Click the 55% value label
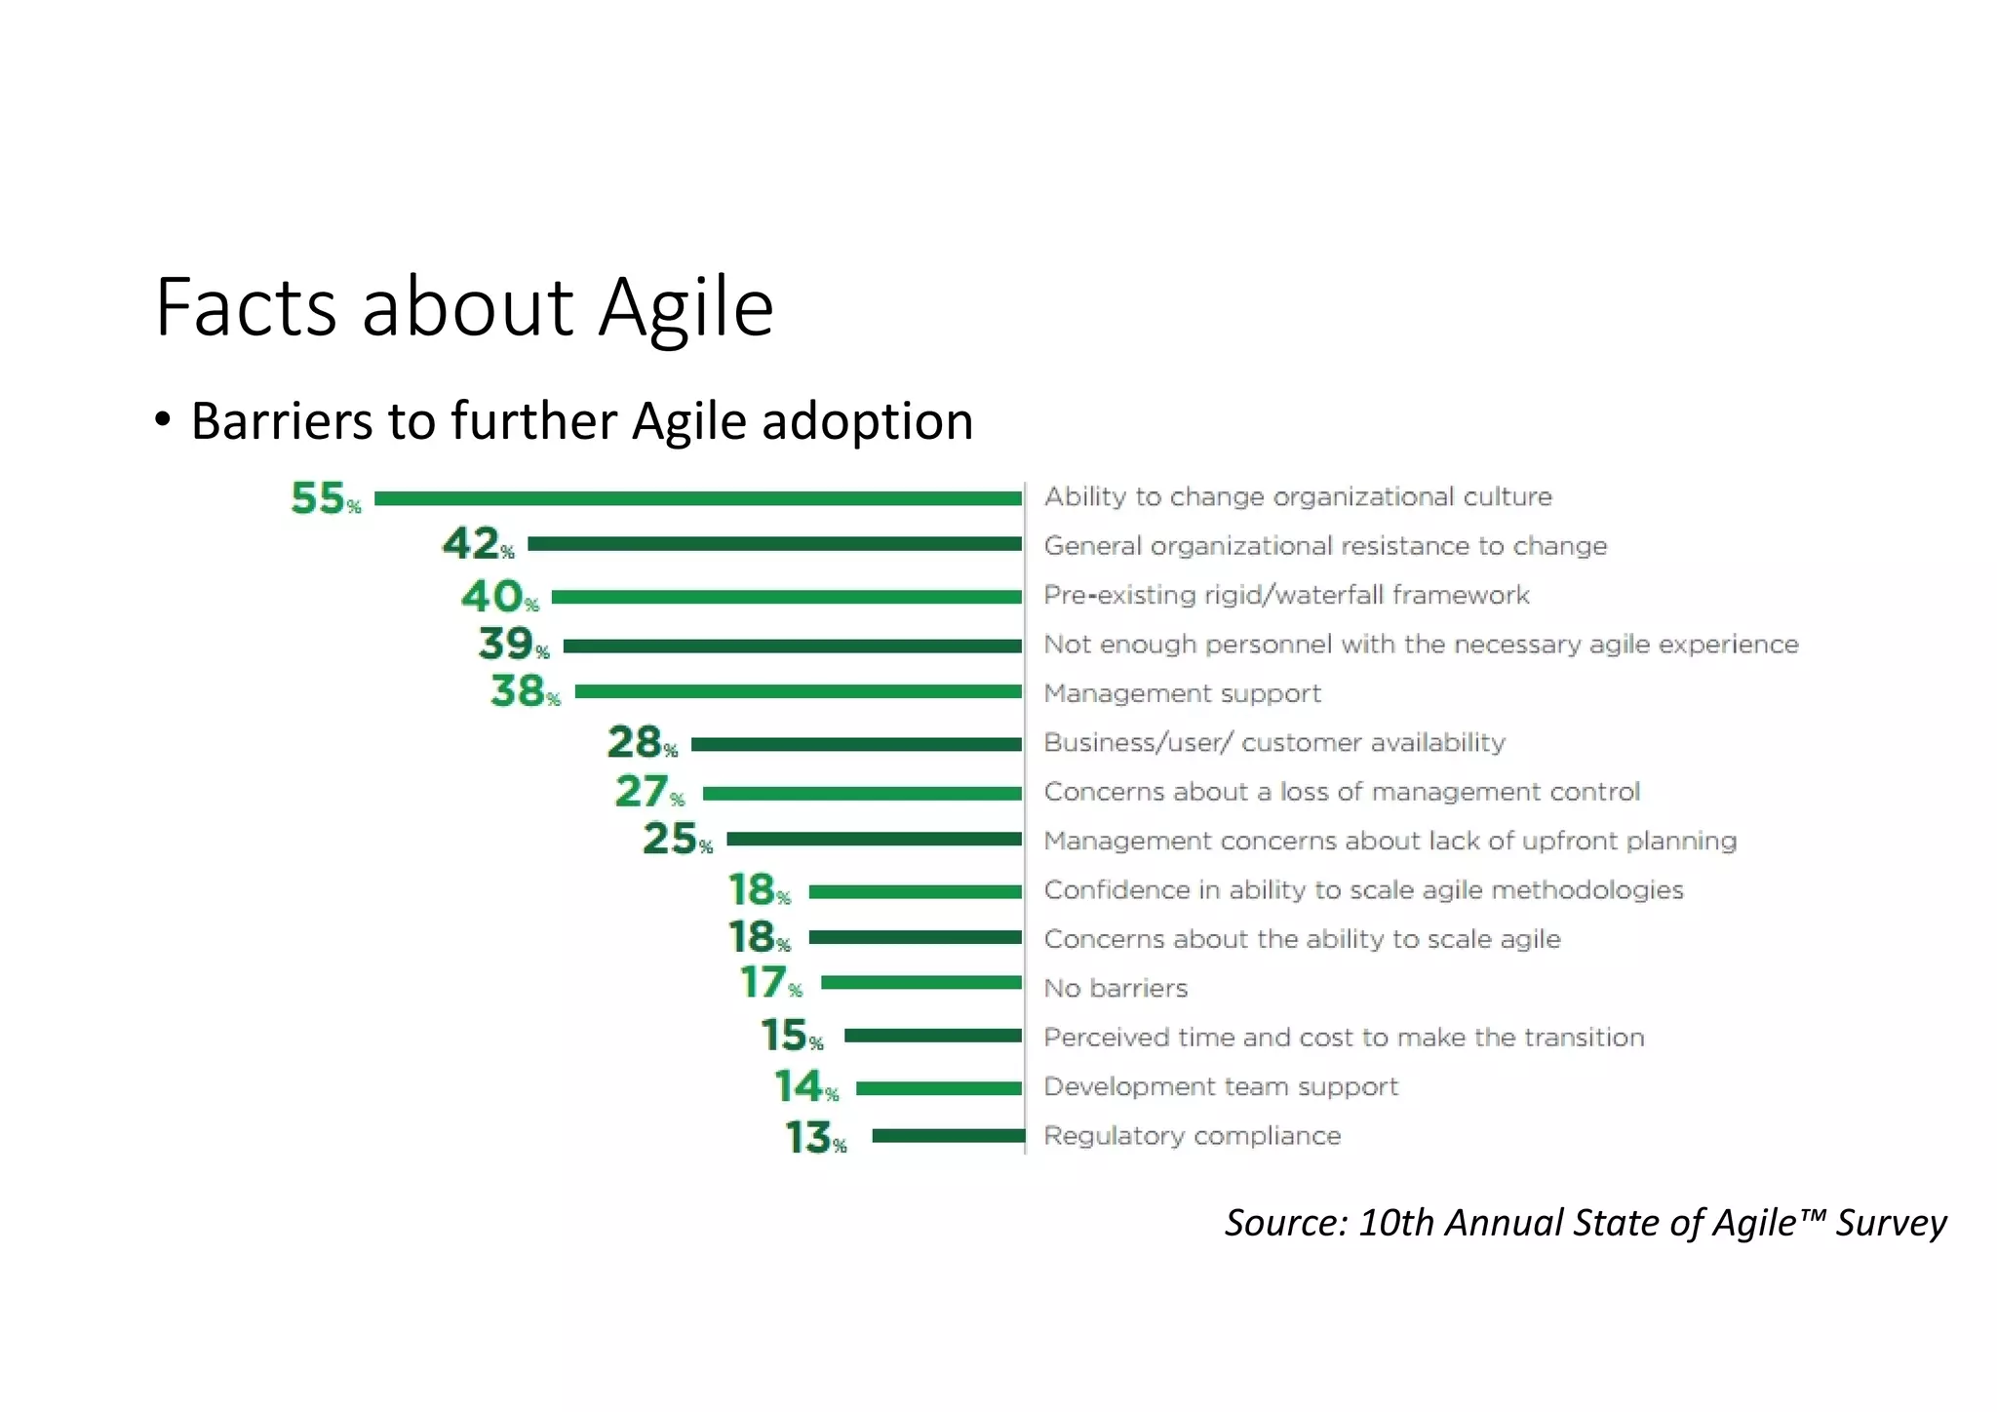point(325,498)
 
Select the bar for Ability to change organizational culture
point(698,498)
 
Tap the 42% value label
point(477,544)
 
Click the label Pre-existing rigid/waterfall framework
point(1286,595)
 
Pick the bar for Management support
point(798,691)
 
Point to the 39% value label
point(513,644)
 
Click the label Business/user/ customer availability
point(1274,742)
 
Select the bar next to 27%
point(862,794)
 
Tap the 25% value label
point(677,840)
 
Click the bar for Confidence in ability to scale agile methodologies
point(915,891)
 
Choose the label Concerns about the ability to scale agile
point(1302,939)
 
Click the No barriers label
point(1116,988)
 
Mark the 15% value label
point(791,1036)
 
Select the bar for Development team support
point(938,1088)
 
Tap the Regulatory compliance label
point(1192,1136)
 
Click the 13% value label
point(815,1138)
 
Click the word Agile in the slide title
point(685,308)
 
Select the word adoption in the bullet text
point(867,421)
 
